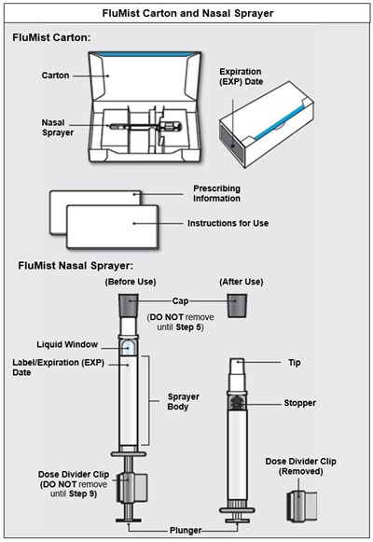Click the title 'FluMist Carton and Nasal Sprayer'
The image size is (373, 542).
tap(186, 14)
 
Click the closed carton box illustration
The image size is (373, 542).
tap(280, 131)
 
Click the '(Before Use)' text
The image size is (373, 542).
tap(129, 282)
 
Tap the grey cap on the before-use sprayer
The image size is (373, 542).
tap(130, 306)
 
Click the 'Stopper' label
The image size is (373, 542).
tap(299, 403)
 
